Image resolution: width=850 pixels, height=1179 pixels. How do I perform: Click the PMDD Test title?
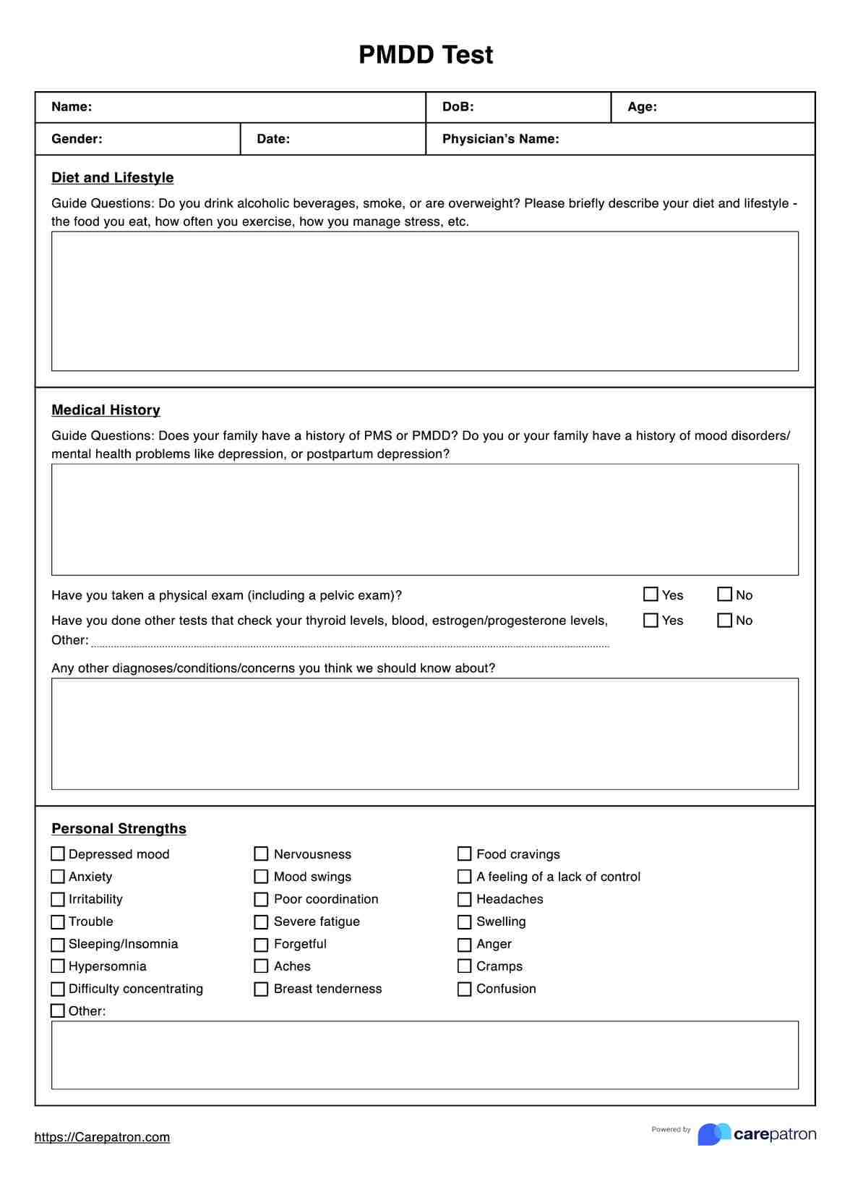tap(426, 55)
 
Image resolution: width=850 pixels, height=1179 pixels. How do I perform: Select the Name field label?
tap(72, 107)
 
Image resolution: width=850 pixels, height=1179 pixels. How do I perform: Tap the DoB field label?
tap(458, 107)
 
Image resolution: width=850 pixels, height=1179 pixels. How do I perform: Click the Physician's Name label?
tap(500, 139)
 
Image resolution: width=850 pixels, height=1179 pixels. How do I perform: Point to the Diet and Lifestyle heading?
tap(112, 178)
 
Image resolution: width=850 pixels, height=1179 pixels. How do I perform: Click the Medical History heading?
tap(106, 410)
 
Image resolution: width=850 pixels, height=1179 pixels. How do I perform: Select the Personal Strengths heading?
tap(119, 829)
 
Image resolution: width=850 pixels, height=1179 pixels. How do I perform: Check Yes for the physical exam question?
tap(651, 595)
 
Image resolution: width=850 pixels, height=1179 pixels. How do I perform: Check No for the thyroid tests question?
tap(724, 620)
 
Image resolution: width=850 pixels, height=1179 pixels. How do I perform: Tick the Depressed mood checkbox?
tap(58, 854)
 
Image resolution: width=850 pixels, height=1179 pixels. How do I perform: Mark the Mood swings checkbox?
tap(261, 877)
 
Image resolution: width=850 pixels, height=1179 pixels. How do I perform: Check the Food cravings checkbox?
tap(465, 854)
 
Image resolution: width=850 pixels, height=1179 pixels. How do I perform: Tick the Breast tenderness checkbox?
tap(261, 989)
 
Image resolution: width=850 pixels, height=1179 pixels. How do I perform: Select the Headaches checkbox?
tap(465, 899)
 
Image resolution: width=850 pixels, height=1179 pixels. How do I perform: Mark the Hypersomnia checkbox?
tap(58, 966)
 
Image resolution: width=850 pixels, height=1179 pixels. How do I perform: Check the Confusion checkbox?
tap(465, 989)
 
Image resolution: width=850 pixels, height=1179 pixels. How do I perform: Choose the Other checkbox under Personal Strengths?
tap(58, 1011)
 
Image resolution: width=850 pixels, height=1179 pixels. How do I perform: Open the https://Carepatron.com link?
tap(102, 1137)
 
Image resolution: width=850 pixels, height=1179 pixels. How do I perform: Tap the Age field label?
tap(642, 107)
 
